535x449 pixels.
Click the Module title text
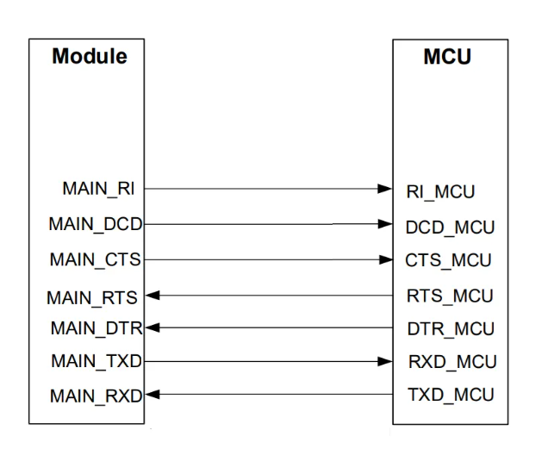90,56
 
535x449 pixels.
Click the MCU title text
447,57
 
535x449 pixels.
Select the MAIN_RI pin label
98,189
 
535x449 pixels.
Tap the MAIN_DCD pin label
96,224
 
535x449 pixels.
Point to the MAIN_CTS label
95,260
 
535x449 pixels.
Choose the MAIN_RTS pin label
92,298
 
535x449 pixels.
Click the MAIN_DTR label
96,329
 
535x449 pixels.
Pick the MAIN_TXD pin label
96,361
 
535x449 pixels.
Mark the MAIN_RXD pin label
96,396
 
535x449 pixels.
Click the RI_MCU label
440,192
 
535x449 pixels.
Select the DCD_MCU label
450,228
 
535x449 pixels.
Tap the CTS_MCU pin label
448,260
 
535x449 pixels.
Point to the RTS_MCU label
450,296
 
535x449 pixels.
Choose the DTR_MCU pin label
451,329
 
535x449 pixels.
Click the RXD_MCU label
452,362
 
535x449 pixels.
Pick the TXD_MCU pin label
451,395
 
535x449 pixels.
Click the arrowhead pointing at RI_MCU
385,189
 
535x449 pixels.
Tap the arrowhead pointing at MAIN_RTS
152,296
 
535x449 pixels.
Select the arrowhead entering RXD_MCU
385,362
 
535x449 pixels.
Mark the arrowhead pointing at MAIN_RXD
152,395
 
